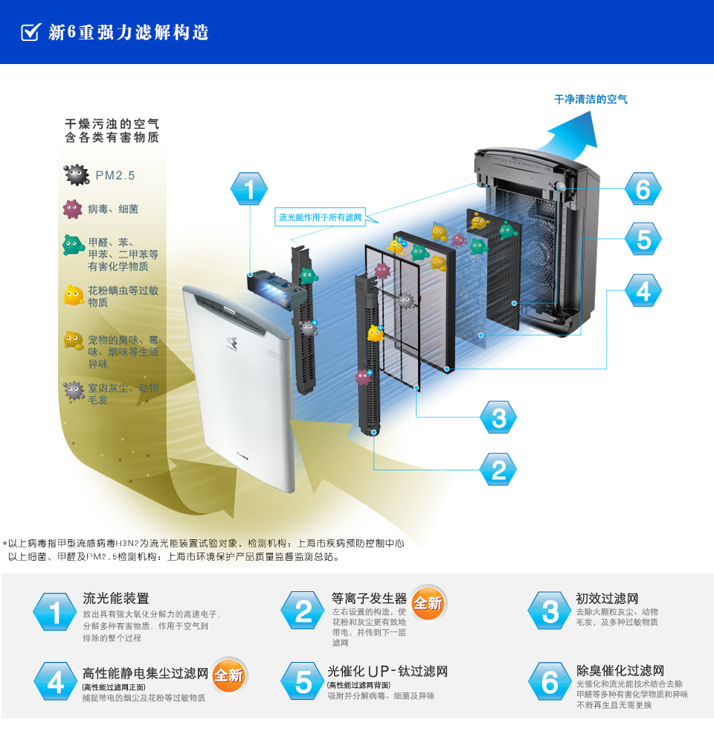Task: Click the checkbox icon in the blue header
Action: click(30, 32)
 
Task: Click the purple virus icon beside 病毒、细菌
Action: click(72, 209)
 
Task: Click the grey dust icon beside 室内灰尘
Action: click(73, 390)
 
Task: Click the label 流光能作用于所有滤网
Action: click(320, 217)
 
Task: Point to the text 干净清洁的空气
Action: click(591, 99)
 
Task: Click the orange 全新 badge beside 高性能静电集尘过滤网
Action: click(229, 675)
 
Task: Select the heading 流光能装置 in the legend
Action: click(116, 598)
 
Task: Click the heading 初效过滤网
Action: click(607, 598)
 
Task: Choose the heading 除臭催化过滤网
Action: click(620, 670)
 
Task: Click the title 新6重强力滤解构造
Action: click(128, 32)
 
